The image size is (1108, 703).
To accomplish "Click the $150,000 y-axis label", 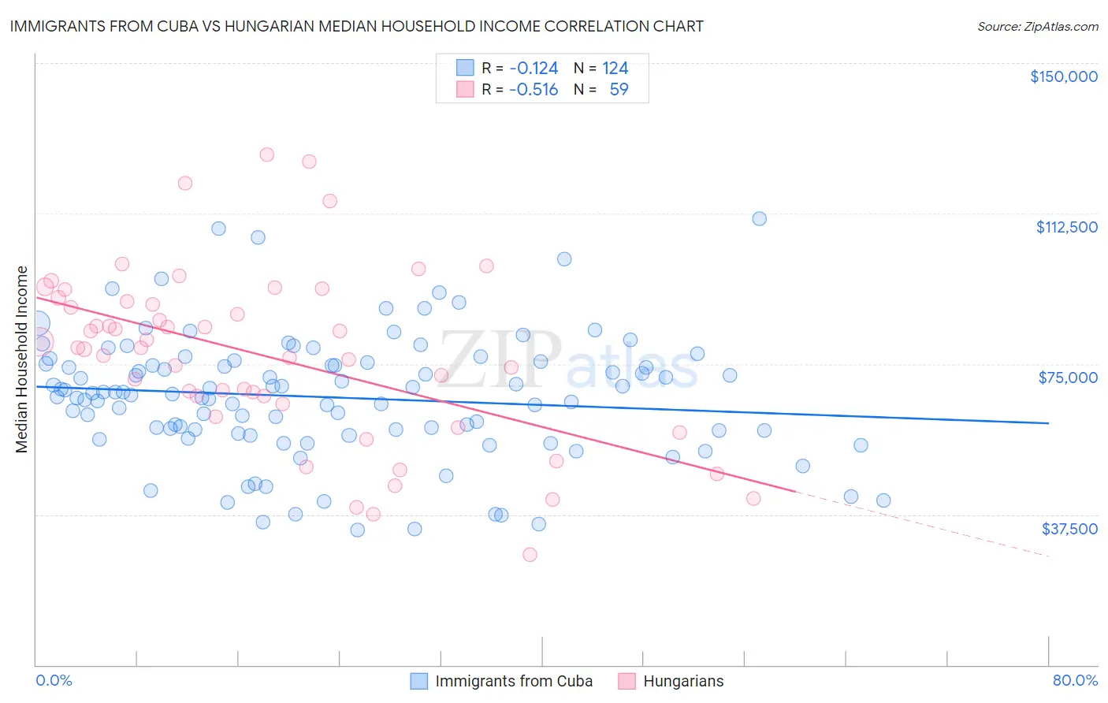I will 1063,76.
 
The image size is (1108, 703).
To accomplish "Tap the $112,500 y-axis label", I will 1066,227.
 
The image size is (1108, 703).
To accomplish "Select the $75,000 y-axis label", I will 1068,378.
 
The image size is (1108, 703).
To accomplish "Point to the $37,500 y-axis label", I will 1069,529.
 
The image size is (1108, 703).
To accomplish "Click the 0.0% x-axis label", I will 54,680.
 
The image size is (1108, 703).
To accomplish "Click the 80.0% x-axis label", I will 1075,680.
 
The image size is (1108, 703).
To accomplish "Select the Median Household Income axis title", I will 21,359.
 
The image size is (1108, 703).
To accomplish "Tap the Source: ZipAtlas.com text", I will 1037,26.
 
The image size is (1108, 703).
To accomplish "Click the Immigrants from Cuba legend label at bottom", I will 514,681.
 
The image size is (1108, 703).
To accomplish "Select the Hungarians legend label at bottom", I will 683,681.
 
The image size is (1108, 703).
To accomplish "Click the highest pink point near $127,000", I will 267,154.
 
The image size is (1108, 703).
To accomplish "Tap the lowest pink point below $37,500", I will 530,555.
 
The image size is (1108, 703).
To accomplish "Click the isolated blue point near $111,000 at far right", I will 759,218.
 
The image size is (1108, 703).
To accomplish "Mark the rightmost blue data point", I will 883,500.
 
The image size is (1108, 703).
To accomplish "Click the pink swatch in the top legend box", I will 465,89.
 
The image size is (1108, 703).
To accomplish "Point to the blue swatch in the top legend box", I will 465,68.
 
